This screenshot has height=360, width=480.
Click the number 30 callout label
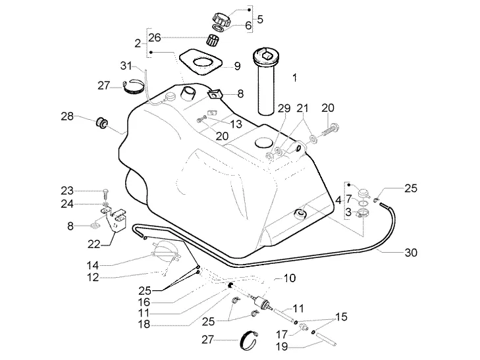click(x=411, y=253)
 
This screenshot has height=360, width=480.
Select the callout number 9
click(x=237, y=66)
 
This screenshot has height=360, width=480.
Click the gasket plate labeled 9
click(x=201, y=62)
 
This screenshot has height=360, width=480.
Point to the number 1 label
click(x=294, y=78)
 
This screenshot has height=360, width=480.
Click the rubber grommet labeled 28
click(x=101, y=122)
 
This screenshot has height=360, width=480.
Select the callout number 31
click(x=126, y=66)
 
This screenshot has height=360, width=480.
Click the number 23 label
click(x=67, y=191)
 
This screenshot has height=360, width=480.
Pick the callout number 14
click(x=92, y=265)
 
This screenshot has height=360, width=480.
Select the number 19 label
click(x=282, y=347)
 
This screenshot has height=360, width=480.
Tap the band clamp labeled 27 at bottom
click(x=249, y=340)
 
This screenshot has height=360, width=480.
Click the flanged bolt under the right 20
click(x=331, y=130)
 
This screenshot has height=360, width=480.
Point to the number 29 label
click(x=284, y=109)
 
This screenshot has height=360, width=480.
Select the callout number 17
click(x=282, y=334)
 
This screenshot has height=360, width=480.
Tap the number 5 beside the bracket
click(x=259, y=19)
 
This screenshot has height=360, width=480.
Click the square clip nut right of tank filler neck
click(x=215, y=94)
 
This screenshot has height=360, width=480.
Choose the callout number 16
click(x=144, y=302)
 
